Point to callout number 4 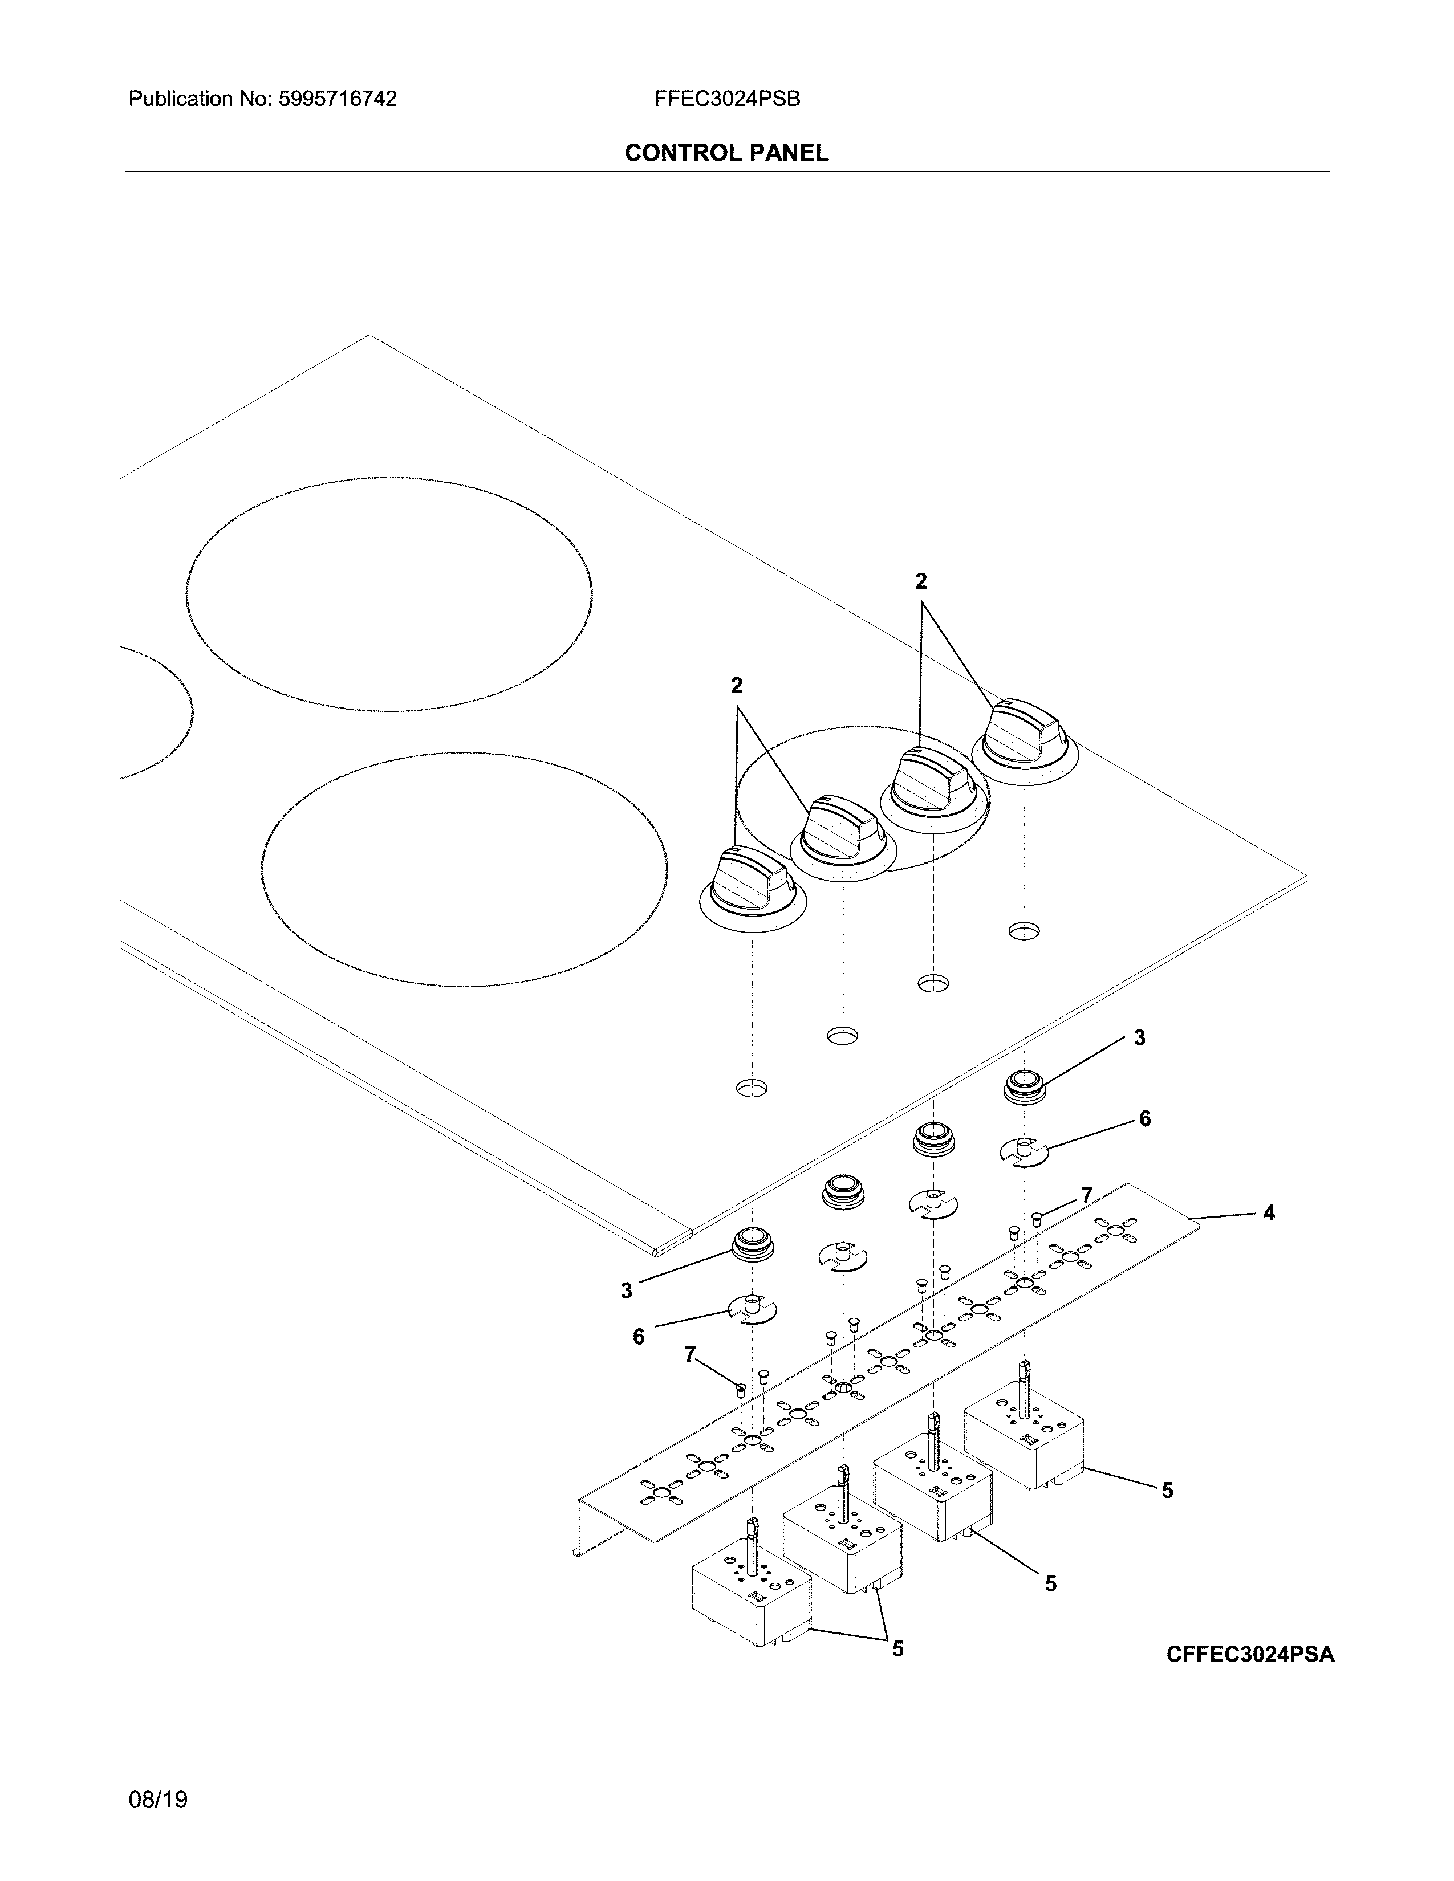tap(1268, 1214)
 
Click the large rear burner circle tap(388, 595)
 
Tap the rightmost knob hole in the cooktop tap(1024, 930)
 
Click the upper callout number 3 tap(1139, 1038)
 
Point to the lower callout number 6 tap(638, 1336)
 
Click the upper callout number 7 tap(1087, 1195)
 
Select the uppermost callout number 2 tap(921, 581)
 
